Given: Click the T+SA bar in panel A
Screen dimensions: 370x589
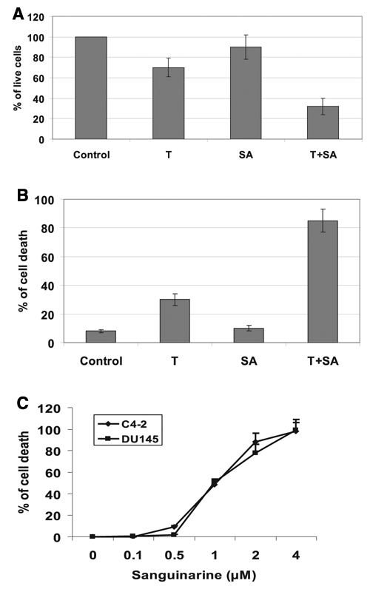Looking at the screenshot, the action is (323, 122).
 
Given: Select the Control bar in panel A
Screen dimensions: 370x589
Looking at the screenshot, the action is (91, 88).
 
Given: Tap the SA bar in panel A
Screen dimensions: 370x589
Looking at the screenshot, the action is (246, 93).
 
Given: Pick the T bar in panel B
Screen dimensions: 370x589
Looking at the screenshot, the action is (175, 321).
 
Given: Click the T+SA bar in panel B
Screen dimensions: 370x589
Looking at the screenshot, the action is (323, 282).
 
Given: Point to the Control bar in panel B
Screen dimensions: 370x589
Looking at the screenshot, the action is (101, 337).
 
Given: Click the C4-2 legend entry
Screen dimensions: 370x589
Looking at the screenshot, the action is (128, 424).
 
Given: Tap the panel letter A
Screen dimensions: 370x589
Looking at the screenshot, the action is (18, 14).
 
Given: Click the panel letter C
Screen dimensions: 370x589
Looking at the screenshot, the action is (23, 403).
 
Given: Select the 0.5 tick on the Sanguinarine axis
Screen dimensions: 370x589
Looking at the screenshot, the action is (174, 555).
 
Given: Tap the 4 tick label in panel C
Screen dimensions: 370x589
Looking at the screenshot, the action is (296, 555).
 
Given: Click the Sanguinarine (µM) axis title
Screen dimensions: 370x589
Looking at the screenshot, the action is (194, 575).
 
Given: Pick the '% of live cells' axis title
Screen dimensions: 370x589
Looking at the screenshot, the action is (17, 78).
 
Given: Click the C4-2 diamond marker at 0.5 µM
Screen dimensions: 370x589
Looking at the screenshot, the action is (174, 527).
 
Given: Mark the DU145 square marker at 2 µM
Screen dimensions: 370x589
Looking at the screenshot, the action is (255, 453).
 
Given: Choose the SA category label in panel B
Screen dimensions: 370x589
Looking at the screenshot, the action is (249, 361).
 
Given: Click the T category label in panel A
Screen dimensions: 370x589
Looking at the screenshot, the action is (169, 155).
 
